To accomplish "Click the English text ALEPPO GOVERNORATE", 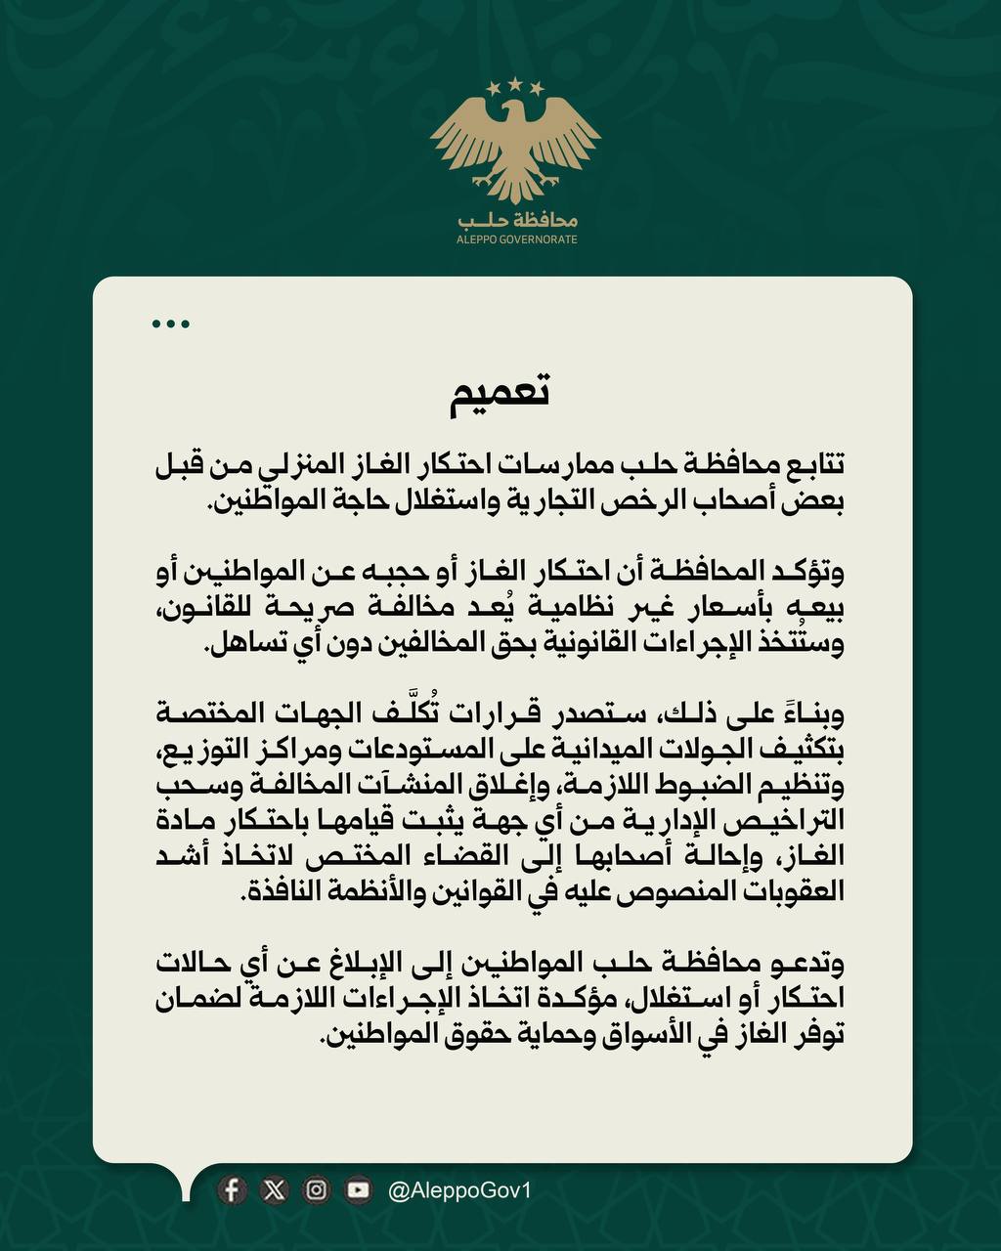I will point(516,239).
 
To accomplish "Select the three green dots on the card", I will point(171,324).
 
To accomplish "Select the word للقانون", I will point(205,610).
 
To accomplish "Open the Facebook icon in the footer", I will point(232,1189).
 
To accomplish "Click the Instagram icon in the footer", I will point(317,1189).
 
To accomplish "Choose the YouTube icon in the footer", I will point(358,1189).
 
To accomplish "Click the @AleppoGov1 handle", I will point(459,1190).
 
